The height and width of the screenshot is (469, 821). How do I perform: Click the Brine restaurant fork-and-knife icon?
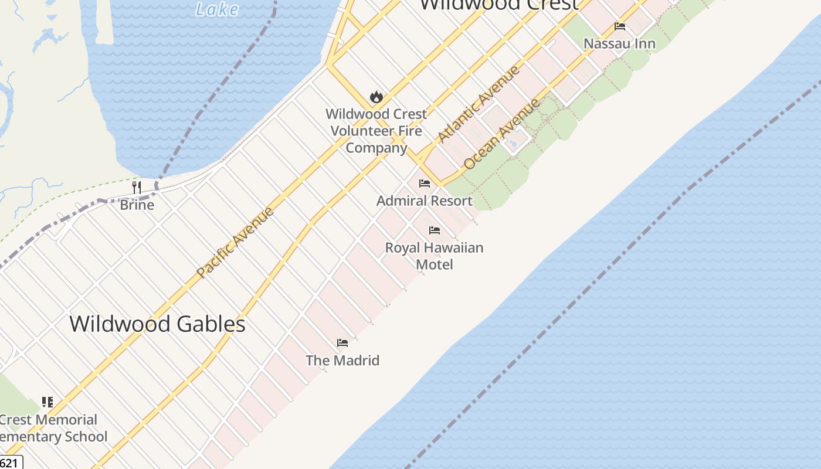(137, 188)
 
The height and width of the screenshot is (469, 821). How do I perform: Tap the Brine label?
(137, 205)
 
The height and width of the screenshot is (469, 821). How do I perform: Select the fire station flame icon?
(376, 97)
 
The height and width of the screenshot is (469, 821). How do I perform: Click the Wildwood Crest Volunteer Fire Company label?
(376, 131)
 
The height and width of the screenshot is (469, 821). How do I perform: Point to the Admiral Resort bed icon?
(425, 183)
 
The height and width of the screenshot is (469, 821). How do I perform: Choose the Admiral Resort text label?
(425, 200)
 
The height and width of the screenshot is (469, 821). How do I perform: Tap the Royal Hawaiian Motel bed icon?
(434, 230)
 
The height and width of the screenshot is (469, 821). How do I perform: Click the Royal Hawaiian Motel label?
(434, 256)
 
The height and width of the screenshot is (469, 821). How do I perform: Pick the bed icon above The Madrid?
(342, 343)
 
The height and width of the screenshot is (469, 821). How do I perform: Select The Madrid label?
(342, 360)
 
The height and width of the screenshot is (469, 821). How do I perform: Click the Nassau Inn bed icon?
(619, 26)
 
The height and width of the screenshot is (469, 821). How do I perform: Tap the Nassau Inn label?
(619, 43)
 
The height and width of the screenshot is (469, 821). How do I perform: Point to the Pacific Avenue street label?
(235, 242)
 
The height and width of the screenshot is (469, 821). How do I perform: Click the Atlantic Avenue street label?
(479, 104)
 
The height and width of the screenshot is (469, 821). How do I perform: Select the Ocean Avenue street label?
(502, 134)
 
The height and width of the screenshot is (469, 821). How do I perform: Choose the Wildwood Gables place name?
(157, 324)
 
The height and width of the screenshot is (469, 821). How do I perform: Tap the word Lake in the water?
(217, 9)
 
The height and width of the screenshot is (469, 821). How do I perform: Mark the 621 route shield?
(10, 463)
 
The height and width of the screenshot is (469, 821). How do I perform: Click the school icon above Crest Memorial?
(48, 402)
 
